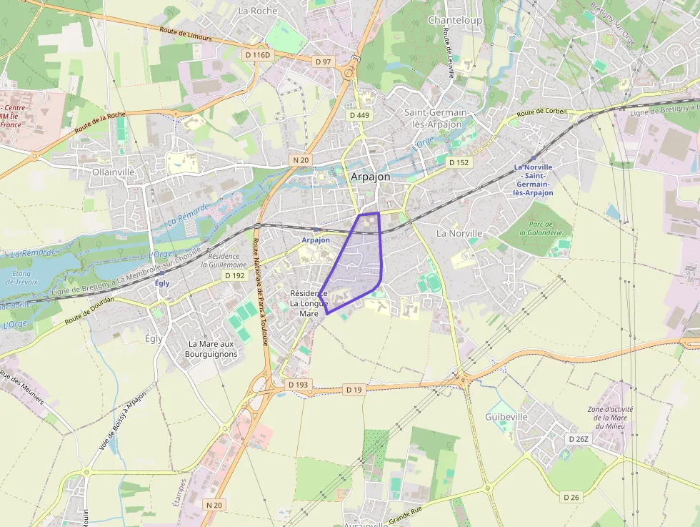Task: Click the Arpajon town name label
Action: (370, 177)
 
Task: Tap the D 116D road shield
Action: (258, 55)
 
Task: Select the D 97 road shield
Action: (323, 61)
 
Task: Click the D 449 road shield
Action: (359, 115)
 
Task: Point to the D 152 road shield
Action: (459, 162)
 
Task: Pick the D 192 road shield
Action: (234, 275)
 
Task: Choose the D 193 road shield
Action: (299, 385)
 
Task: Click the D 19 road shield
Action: (354, 390)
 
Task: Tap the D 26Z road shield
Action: (578, 438)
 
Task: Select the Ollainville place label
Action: (114, 172)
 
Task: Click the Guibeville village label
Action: (506, 417)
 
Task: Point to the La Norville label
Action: (459, 233)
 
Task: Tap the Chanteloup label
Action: (454, 20)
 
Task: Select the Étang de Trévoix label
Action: (21, 277)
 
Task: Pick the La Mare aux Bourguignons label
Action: (211, 349)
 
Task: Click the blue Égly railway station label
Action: (162, 283)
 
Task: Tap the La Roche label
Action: (258, 11)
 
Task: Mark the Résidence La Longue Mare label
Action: (309, 303)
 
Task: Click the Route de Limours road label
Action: (186, 32)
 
